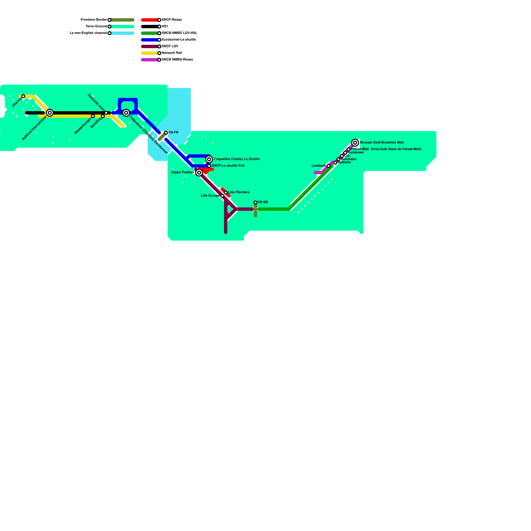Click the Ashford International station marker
point(50,113)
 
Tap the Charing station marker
point(23,96)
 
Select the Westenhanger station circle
point(93,116)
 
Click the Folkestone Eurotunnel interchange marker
point(126,113)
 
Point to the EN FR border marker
point(166,133)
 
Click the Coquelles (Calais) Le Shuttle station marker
point(209,159)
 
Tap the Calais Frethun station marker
point(199,173)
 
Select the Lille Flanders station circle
point(226,192)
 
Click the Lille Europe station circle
point(222,196)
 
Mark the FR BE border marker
point(256,202)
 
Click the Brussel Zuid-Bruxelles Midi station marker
point(355,143)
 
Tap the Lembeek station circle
point(329,166)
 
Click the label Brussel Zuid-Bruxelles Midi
point(382,142)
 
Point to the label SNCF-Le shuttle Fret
point(228,166)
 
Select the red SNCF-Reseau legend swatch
point(150,20)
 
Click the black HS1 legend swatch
point(150,27)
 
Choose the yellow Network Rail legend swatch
point(150,53)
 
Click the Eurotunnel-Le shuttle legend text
point(179,40)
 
